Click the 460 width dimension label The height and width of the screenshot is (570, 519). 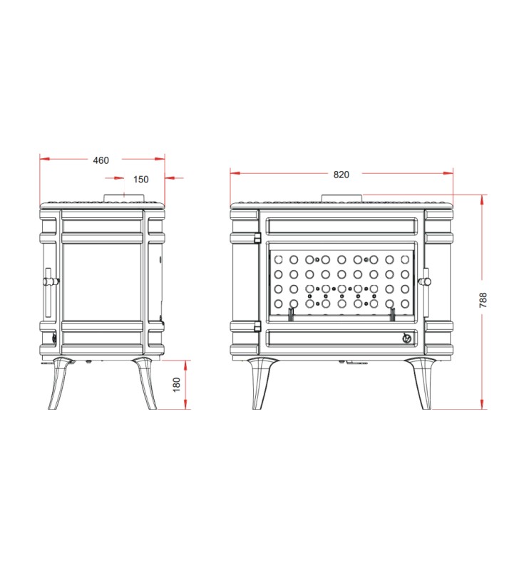click(101, 160)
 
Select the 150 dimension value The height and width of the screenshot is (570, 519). click(140, 180)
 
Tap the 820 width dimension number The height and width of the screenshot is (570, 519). click(341, 175)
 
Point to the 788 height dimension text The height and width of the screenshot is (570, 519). click(483, 300)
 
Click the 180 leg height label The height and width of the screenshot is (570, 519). click(177, 385)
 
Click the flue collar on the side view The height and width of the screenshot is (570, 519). click(125, 198)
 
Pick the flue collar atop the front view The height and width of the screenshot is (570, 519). click(342, 198)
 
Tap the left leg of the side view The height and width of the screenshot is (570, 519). click(59, 383)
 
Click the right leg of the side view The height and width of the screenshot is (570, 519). click(146, 383)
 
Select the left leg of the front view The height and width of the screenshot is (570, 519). click(261, 383)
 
